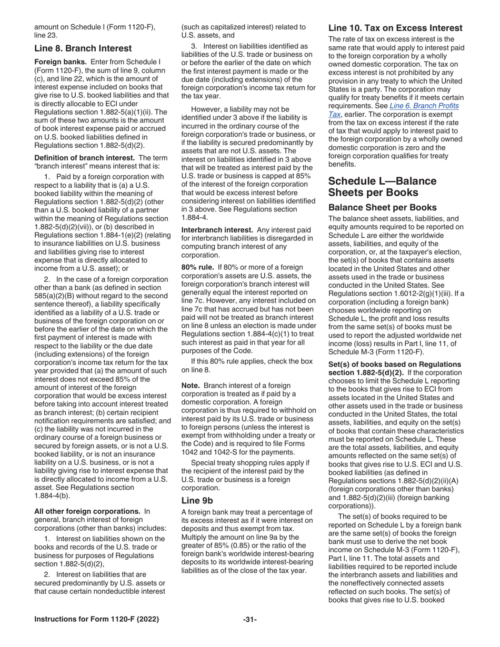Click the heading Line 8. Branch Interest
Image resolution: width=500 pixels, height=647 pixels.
click(83, 48)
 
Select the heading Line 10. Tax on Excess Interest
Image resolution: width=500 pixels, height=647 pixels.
click(395, 28)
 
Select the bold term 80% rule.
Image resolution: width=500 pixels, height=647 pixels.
click(197, 268)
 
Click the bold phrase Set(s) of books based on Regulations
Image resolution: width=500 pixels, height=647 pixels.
click(394, 365)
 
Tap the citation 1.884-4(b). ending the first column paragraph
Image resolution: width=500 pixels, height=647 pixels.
click(52, 496)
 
